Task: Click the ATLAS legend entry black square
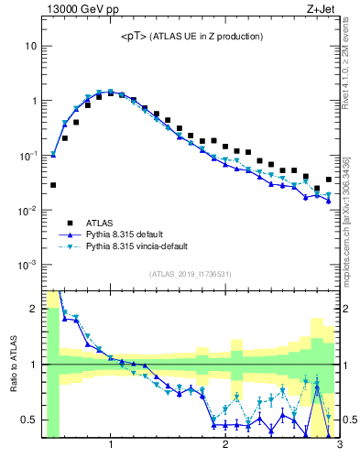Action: click(x=70, y=223)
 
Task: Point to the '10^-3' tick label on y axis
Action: click(x=28, y=265)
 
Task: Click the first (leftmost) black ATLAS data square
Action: click(x=53, y=185)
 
